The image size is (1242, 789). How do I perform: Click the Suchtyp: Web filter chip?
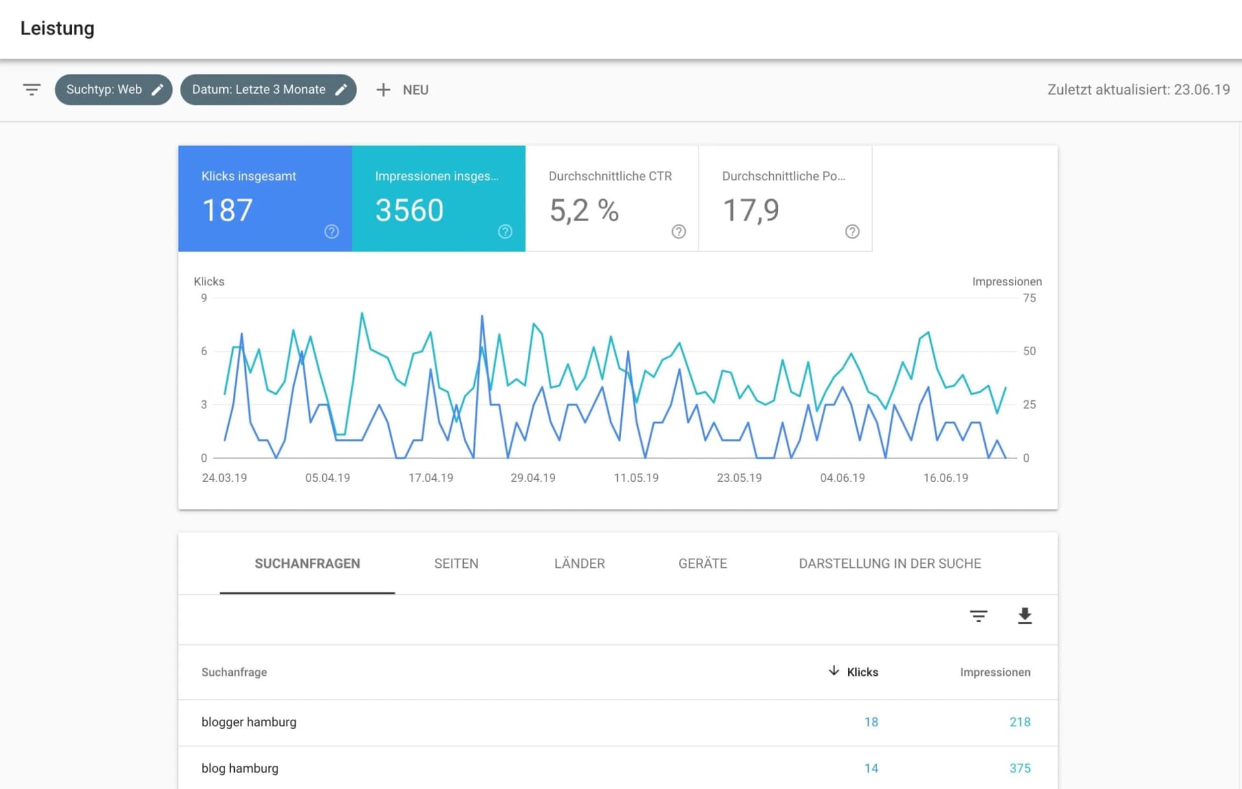pos(113,90)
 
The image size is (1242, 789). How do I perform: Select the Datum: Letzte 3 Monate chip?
pos(268,90)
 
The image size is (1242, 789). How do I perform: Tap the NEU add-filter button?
pos(402,90)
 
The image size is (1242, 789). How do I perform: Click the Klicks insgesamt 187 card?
pos(265,199)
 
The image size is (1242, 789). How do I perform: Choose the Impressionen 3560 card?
pos(438,199)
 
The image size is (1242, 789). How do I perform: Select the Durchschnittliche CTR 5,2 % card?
pos(611,199)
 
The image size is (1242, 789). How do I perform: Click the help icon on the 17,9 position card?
pos(852,232)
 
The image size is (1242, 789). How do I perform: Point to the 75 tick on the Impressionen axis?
pos(1029,298)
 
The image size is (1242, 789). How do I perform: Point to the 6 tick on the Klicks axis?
pos(204,351)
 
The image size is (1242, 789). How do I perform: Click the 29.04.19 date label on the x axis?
pos(532,478)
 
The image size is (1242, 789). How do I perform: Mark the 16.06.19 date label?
pos(945,478)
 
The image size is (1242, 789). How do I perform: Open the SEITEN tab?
pos(456,563)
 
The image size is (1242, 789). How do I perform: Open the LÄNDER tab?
pos(579,563)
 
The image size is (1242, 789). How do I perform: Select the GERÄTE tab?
pos(703,563)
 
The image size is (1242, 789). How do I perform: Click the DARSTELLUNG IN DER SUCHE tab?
pos(889,563)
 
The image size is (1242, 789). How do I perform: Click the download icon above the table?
pos(1025,616)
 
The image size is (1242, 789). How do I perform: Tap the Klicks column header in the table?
pos(862,672)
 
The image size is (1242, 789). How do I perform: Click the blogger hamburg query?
pos(249,722)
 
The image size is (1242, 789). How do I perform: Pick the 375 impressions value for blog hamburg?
pos(1019,768)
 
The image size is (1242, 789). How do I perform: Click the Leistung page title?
pos(58,28)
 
